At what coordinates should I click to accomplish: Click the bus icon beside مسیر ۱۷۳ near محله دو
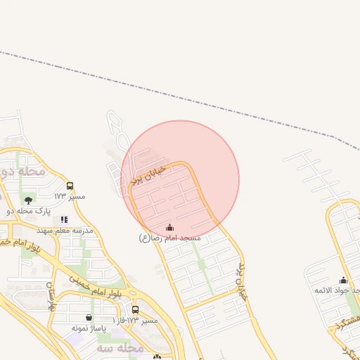point(70,186)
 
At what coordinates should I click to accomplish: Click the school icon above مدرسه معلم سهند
point(64,219)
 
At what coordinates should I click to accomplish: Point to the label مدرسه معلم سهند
point(64,230)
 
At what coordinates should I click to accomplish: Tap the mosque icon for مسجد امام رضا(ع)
point(169,227)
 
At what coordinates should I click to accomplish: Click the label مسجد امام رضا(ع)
point(169,238)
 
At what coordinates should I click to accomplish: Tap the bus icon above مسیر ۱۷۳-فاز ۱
point(135,309)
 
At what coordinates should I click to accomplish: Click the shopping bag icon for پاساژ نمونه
point(89,318)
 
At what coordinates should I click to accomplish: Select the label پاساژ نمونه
point(89,328)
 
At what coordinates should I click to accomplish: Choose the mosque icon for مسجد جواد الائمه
point(343,280)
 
